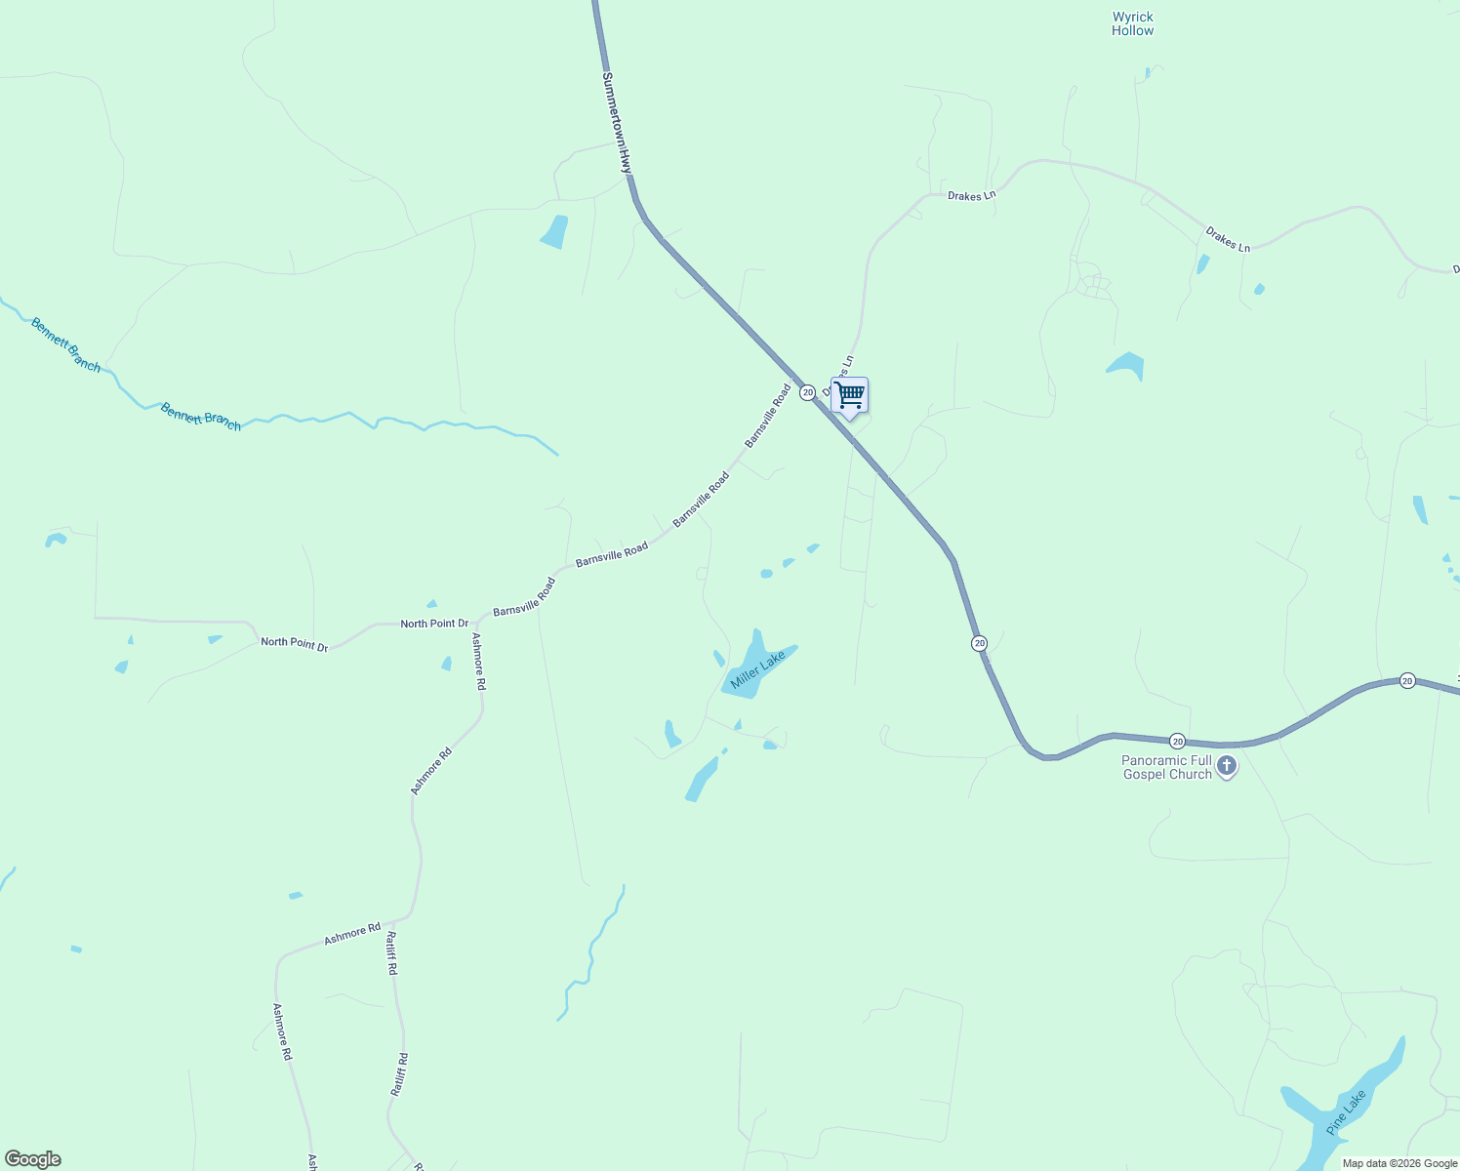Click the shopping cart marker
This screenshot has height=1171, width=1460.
(849, 396)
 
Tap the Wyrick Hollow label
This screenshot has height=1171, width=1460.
(1132, 23)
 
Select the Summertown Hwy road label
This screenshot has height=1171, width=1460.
(617, 123)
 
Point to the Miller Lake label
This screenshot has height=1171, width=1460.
(757, 673)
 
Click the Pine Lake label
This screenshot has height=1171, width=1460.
(1346, 1111)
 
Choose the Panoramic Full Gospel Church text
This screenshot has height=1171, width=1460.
(1166, 767)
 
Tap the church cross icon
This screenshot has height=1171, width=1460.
(1227, 766)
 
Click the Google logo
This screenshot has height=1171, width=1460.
(32, 1159)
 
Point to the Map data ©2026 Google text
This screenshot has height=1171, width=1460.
(1399, 1163)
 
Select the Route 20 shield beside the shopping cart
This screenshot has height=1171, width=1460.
(807, 392)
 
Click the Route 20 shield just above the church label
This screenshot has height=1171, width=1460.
(1177, 742)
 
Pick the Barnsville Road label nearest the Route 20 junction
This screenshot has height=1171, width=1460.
(768, 416)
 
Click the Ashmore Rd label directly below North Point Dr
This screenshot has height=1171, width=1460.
(478, 662)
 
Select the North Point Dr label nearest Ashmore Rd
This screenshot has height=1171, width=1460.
(434, 623)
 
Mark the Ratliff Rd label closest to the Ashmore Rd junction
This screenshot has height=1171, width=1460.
(391, 953)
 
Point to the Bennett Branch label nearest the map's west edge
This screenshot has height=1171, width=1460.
(65, 344)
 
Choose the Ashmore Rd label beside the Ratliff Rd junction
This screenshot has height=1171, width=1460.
(352, 933)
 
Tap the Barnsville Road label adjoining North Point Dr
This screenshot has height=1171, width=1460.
(524, 597)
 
